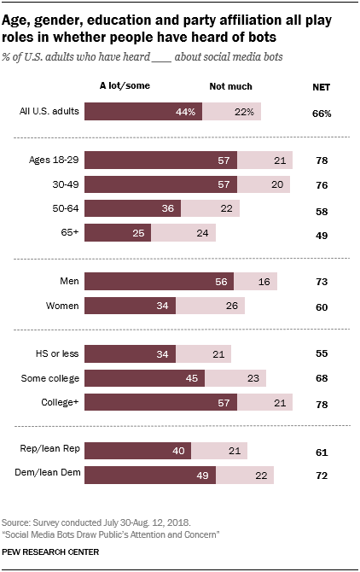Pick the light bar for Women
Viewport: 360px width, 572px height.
coord(210,305)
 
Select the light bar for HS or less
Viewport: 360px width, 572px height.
coord(203,353)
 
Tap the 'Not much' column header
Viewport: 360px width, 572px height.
coord(230,86)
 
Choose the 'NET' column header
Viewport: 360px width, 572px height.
coord(322,86)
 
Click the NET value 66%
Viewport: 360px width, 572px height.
coord(322,112)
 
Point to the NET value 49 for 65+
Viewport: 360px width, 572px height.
coord(322,233)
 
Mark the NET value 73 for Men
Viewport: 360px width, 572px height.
coord(322,281)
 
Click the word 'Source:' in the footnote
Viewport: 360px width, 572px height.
coord(18,521)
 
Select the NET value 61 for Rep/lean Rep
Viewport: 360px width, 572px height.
coord(322,451)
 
